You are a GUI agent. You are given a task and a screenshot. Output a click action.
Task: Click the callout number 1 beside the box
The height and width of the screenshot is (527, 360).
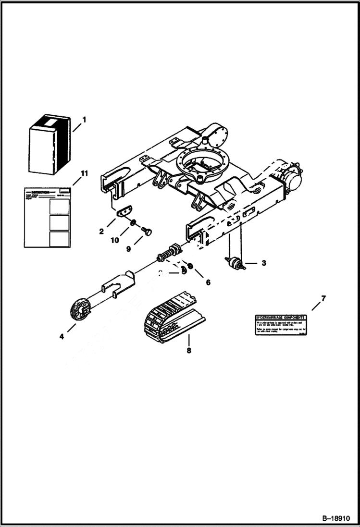tap(84, 120)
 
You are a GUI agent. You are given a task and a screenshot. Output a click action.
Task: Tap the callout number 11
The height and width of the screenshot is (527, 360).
tap(84, 173)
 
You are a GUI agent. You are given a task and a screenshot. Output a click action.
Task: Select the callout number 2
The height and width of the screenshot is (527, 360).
tap(101, 232)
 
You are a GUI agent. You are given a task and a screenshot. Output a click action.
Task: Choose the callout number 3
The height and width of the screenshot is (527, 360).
tap(263, 263)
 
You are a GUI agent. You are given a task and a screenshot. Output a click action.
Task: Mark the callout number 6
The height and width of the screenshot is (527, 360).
tap(208, 282)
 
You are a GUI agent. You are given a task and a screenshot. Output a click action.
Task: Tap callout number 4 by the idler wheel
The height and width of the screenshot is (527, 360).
tap(62, 337)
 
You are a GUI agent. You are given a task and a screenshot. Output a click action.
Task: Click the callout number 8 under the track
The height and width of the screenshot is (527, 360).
tap(189, 351)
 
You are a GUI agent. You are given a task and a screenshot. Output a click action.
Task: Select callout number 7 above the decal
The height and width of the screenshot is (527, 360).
tap(323, 298)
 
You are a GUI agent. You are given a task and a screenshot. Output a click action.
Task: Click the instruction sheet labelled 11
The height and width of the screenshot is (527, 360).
tap(47, 217)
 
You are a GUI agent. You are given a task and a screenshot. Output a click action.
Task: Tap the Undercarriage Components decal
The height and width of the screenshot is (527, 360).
tap(280, 325)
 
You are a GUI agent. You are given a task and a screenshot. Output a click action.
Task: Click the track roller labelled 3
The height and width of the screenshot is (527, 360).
tap(235, 263)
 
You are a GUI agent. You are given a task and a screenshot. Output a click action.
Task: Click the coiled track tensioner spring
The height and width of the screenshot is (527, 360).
tap(171, 251)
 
